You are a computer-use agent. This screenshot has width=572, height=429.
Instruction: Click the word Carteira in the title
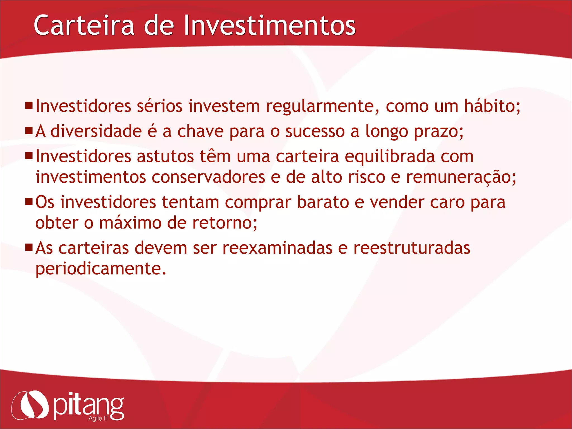(84, 25)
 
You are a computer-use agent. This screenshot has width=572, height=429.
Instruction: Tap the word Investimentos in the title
(270, 25)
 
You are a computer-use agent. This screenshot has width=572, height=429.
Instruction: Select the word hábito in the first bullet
(492, 106)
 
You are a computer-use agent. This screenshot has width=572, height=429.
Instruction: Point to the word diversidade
(96, 131)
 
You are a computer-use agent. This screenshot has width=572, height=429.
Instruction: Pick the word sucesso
(315, 132)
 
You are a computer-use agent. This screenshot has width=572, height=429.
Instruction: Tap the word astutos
(165, 156)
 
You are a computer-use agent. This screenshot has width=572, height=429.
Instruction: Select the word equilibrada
(390, 157)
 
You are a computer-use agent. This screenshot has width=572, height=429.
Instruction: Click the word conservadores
(208, 177)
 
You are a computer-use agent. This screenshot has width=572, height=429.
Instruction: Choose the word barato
(323, 202)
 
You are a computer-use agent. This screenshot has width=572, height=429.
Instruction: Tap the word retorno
(225, 223)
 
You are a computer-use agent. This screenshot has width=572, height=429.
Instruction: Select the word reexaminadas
(277, 248)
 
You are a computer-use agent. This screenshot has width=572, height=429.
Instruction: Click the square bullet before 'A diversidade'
(29, 130)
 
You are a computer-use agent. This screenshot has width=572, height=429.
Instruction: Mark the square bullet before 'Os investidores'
(29, 201)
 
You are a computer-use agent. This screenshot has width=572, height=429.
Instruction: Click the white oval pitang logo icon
(30, 405)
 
